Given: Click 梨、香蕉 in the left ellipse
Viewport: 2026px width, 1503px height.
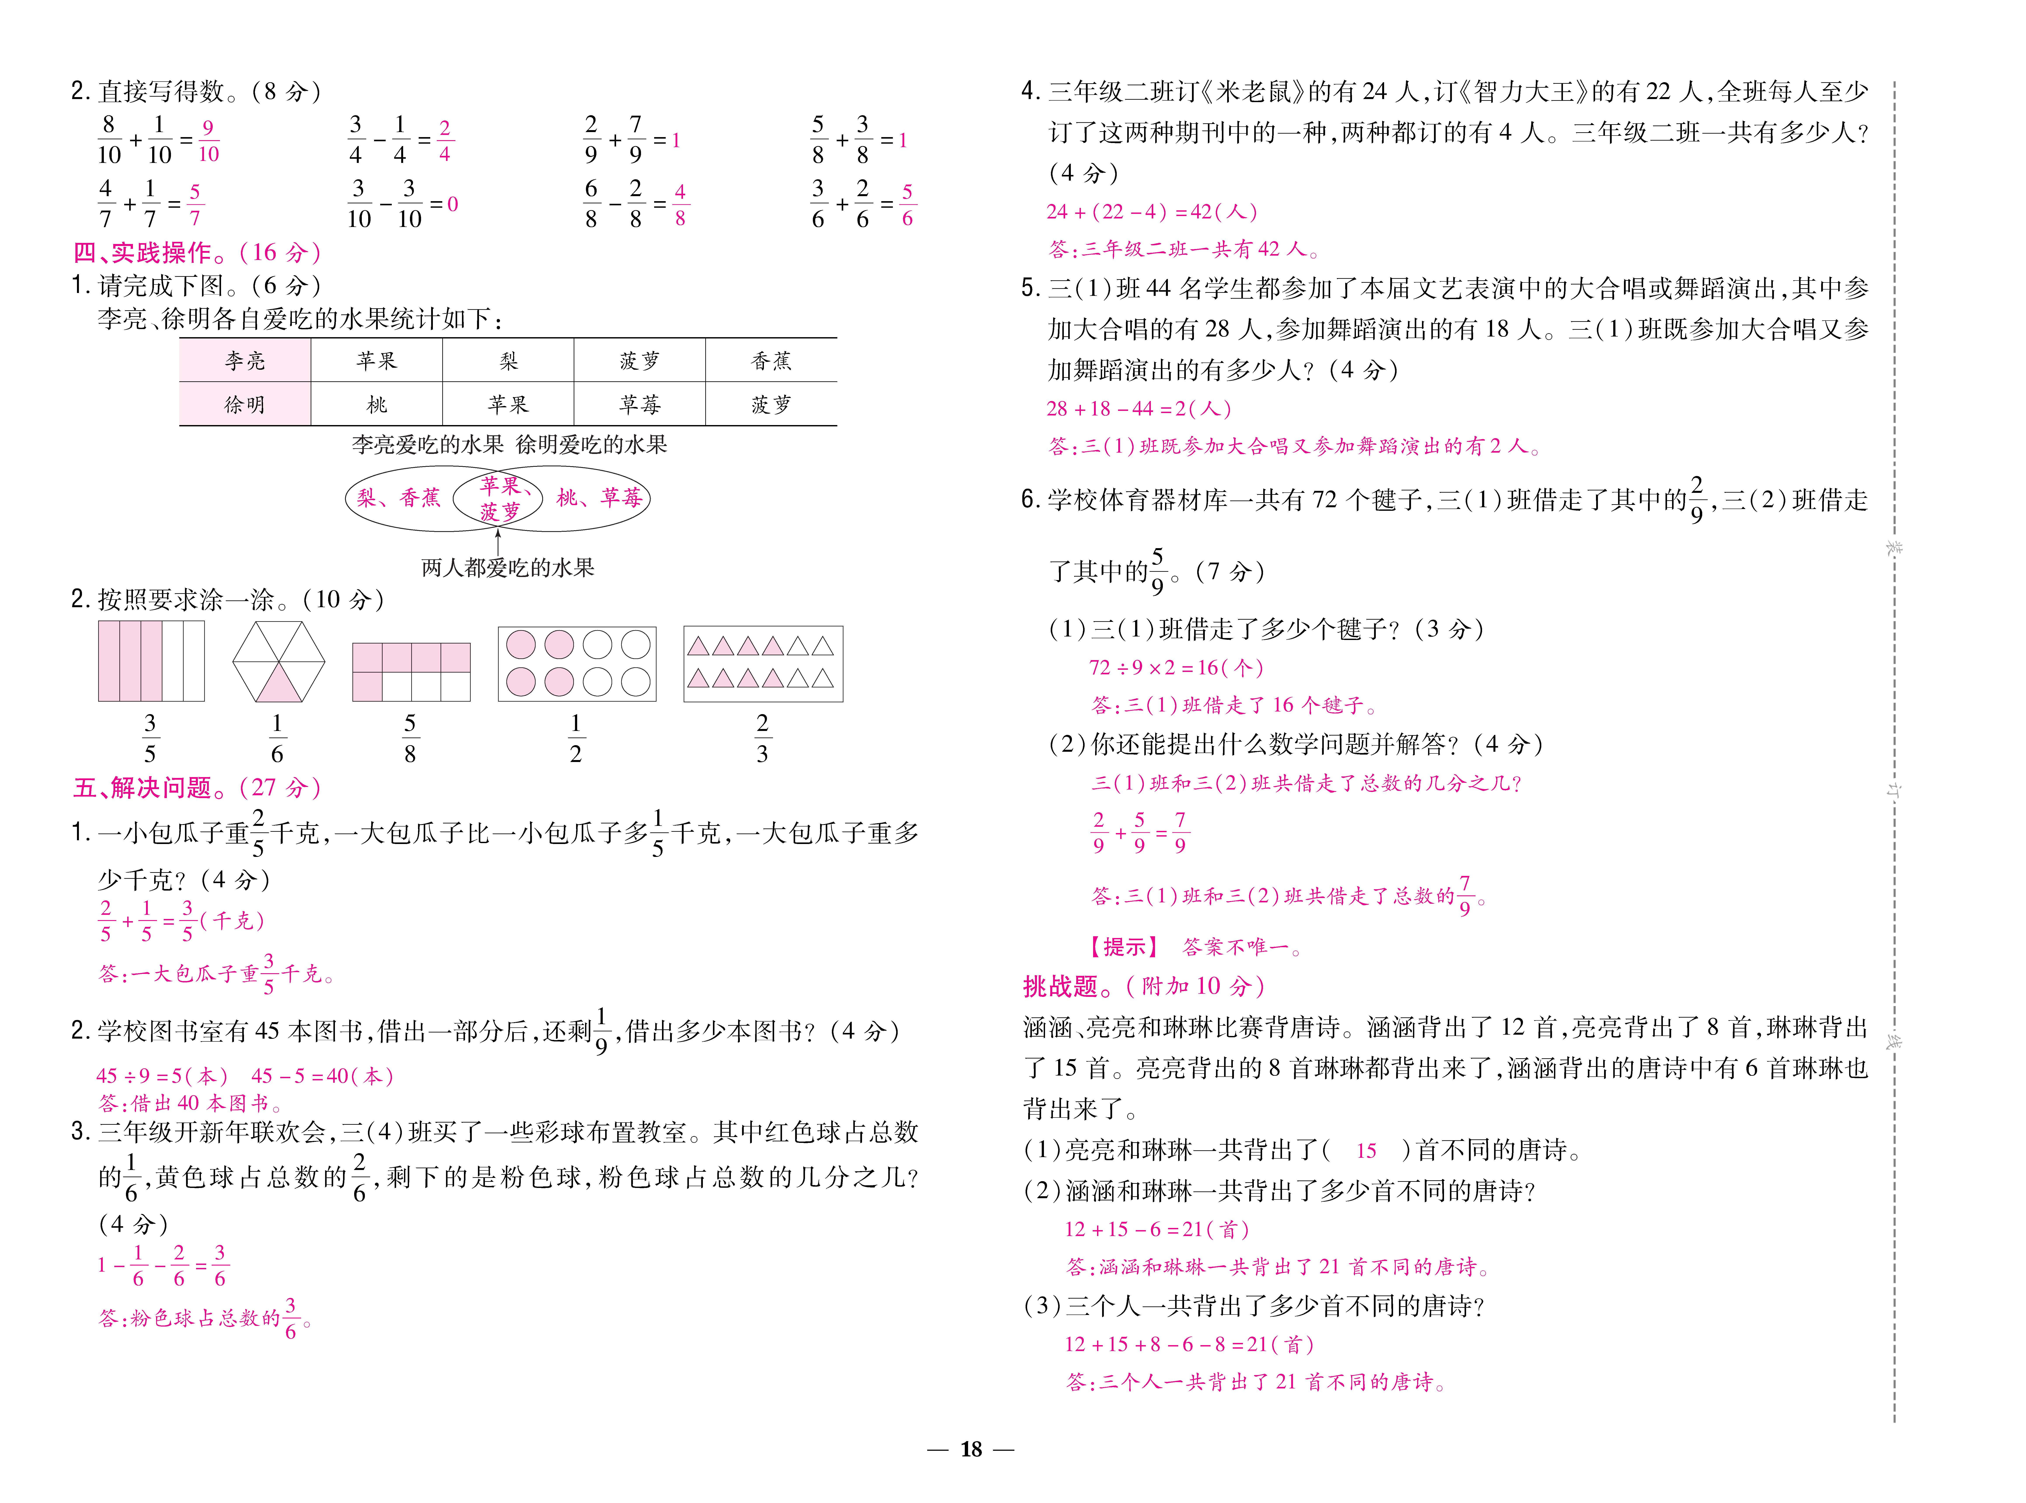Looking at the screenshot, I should pos(399,498).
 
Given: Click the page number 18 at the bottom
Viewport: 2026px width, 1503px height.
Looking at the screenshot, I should pos(971,1449).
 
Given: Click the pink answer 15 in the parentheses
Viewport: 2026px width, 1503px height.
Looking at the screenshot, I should pos(1366,1151).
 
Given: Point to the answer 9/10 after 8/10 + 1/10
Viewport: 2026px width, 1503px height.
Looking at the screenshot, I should pos(208,141).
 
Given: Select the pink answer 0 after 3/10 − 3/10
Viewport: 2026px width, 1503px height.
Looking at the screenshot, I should pos(453,205).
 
